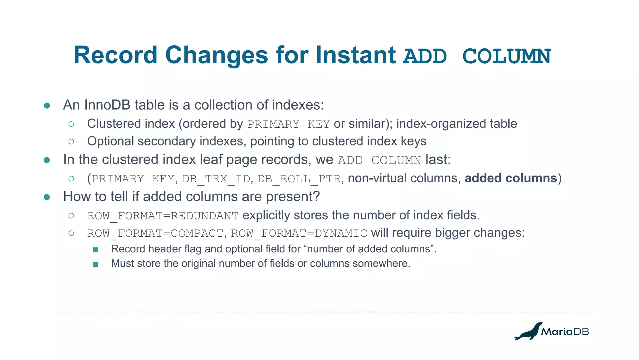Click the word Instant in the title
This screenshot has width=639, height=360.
point(355,55)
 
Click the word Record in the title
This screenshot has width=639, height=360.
point(115,55)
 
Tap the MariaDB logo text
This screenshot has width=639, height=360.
point(565,332)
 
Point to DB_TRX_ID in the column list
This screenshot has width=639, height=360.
point(216,179)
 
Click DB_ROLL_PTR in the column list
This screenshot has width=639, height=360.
point(299,179)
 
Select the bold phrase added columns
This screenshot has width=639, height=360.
point(511,178)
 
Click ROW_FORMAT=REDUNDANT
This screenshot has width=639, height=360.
point(163,216)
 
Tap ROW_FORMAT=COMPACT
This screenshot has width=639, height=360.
point(155,233)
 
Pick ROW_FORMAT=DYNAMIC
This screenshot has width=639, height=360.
point(299,233)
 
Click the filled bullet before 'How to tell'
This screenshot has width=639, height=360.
point(47,197)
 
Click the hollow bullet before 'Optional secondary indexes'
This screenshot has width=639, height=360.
point(71,141)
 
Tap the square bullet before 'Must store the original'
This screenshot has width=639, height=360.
point(96,264)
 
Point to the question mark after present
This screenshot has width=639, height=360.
point(316,196)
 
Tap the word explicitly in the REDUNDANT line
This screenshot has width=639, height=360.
point(266,215)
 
